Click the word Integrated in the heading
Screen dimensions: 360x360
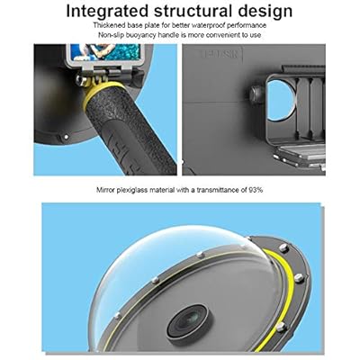point(107,12)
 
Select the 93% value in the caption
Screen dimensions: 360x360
point(256,190)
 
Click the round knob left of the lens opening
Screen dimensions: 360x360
point(256,95)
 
